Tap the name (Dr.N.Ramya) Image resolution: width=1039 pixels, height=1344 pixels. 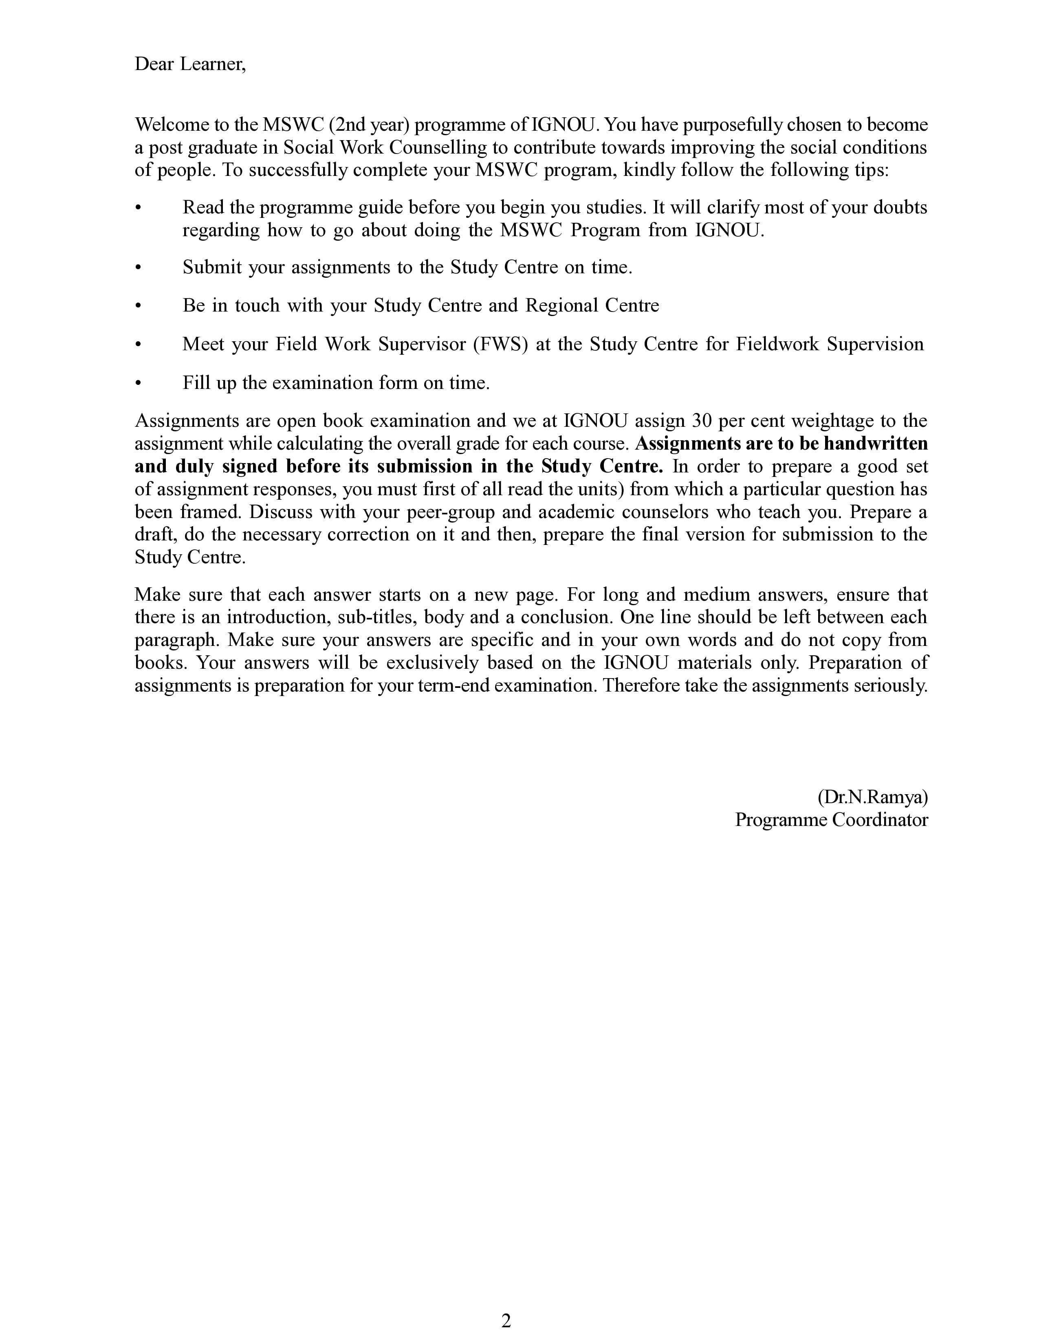[872, 797]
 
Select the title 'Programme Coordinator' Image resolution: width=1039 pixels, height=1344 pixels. [831, 820]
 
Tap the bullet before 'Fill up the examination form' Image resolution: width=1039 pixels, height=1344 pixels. [139, 383]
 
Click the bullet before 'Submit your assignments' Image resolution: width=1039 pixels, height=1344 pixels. [139, 268]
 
